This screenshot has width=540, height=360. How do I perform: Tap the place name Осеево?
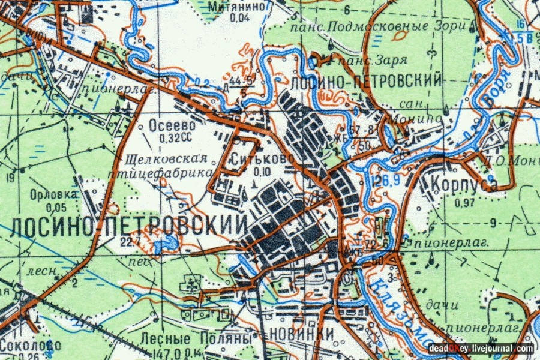172,127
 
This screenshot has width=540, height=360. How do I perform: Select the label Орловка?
53,196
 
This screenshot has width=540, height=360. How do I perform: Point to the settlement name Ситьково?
262,160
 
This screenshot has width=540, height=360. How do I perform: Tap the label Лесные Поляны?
194,338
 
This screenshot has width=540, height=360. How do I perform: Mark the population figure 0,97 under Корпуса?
465,202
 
